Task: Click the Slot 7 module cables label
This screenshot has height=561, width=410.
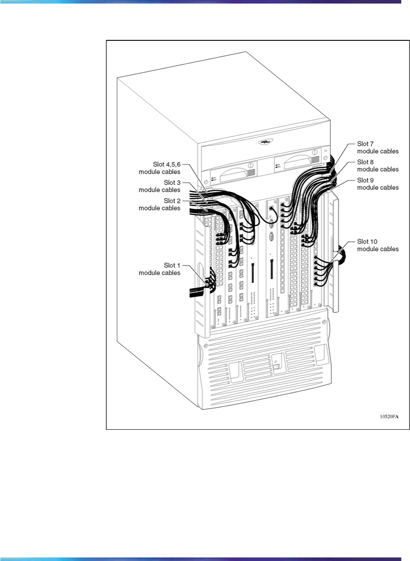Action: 378,148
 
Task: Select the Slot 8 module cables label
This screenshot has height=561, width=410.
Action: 378,165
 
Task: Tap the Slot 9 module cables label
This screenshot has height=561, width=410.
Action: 378,184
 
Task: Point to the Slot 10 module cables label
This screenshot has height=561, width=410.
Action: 378,245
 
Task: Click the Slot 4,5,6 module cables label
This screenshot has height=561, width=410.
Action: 159,168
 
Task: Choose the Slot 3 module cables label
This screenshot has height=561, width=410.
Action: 159,186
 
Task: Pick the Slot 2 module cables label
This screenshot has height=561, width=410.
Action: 159,204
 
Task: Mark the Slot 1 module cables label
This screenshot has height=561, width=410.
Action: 159,269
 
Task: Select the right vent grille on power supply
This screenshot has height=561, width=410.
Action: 315,160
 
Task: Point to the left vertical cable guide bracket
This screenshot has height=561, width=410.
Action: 201,275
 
